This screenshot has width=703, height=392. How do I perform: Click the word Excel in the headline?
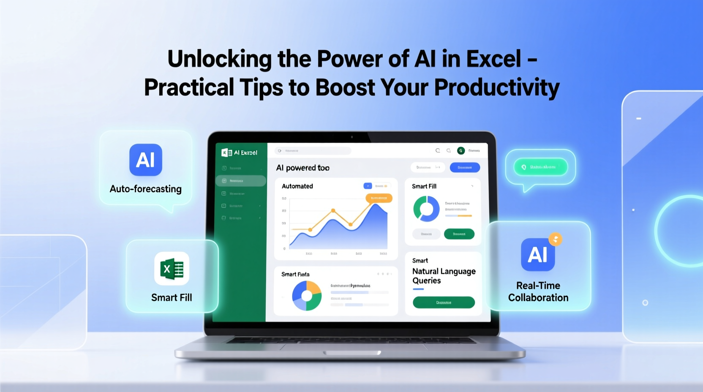tap(493, 59)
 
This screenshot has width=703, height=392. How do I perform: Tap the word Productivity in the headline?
tap(497, 87)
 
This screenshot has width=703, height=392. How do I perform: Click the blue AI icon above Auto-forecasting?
tap(146, 160)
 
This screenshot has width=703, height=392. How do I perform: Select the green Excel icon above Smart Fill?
tap(172, 269)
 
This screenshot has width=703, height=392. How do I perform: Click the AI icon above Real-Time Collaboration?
tap(537, 254)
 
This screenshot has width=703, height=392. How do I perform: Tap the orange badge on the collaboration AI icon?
tap(556, 240)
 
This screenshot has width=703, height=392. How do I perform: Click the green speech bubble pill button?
tap(540, 167)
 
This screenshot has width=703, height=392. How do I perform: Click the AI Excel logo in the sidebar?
tap(240, 152)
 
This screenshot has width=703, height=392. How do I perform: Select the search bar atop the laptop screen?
tap(313, 151)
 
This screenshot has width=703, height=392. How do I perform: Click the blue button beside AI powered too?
tap(465, 167)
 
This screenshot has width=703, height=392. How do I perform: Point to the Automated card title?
tap(297, 186)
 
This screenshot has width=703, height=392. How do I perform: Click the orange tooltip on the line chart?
tap(379, 198)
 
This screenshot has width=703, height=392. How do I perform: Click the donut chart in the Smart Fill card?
tap(426, 209)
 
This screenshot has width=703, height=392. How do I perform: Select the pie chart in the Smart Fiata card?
tap(307, 296)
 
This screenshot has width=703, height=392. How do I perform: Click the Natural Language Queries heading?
tap(444, 276)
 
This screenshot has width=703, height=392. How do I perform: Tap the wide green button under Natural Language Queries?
tap(444, 302)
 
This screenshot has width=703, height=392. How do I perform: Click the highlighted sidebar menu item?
tap(241, 181)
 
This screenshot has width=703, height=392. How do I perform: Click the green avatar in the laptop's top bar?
tap(461, 150)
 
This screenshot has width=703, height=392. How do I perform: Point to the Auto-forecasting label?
tap(146, 189)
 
